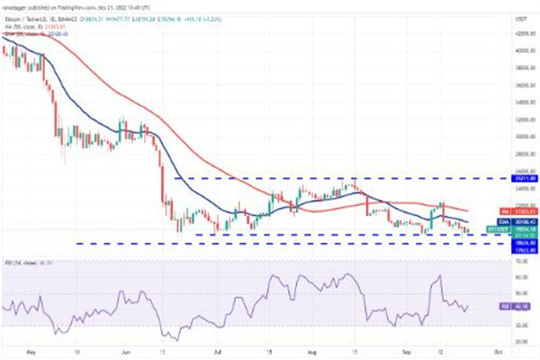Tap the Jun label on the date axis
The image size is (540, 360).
[x=125, y=352]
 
